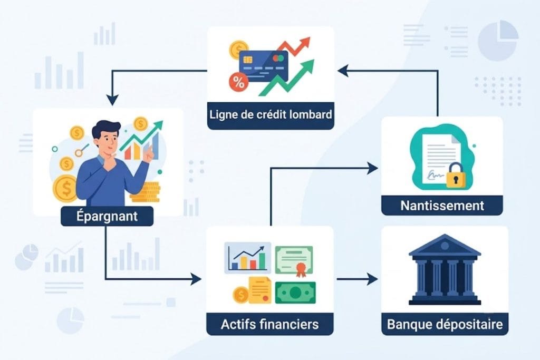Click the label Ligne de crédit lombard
tap(271, 114)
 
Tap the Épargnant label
tap(107, 216)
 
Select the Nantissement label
tap(442, 206)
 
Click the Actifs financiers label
tap(269, 324)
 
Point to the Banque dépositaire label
tap(445, 324)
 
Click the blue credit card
tap(263, 66)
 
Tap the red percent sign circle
tap(238, 83)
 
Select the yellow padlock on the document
tap(456, 176)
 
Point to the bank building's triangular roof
tap(445, 245)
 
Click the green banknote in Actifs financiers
tap(295, 293)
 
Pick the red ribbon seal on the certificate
tap(301, 269)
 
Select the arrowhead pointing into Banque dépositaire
tap(372, 279)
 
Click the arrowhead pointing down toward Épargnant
tap(112, 100)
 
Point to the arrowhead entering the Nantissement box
tap(372, 168)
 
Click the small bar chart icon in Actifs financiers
tap(248, 258)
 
